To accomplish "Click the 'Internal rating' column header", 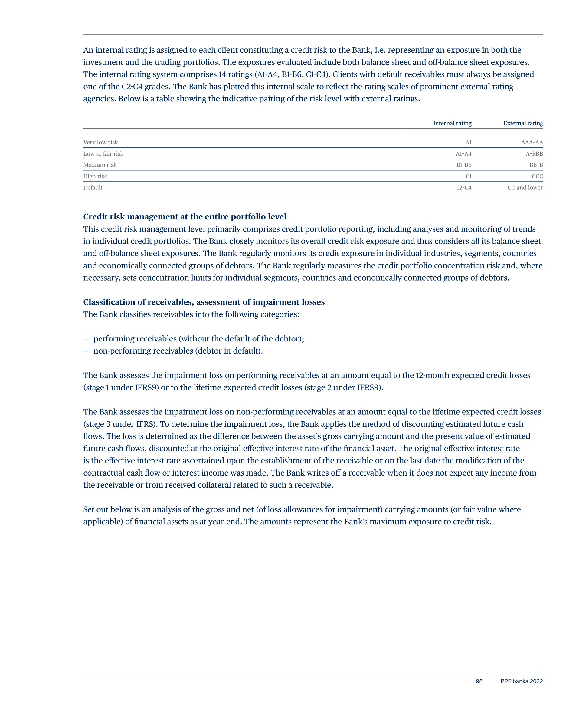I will (x=452, y=123).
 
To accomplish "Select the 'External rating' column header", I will (x=523, y=123).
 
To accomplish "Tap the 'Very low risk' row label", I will (x=100, y=143).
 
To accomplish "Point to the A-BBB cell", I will (x=534, y=154).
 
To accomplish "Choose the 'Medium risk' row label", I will (x=100, y=165).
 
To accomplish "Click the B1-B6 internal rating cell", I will (x=464, y=165).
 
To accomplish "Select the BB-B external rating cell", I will (x=536, y=165).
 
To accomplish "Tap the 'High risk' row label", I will (x=95, y=176).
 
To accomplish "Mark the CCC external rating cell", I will (x=537, y=176).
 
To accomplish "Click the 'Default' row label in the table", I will (x=93, y=188).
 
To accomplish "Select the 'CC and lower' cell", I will (x=525, y=188).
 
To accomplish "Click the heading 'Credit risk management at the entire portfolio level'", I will (x=185, y=217).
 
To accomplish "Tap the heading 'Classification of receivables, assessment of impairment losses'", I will (x=204, y=302).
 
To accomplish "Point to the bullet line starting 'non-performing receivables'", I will (x=178, y=351).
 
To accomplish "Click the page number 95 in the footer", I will (x=479, y=681).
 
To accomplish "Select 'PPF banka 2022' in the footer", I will (x=521, y=681).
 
